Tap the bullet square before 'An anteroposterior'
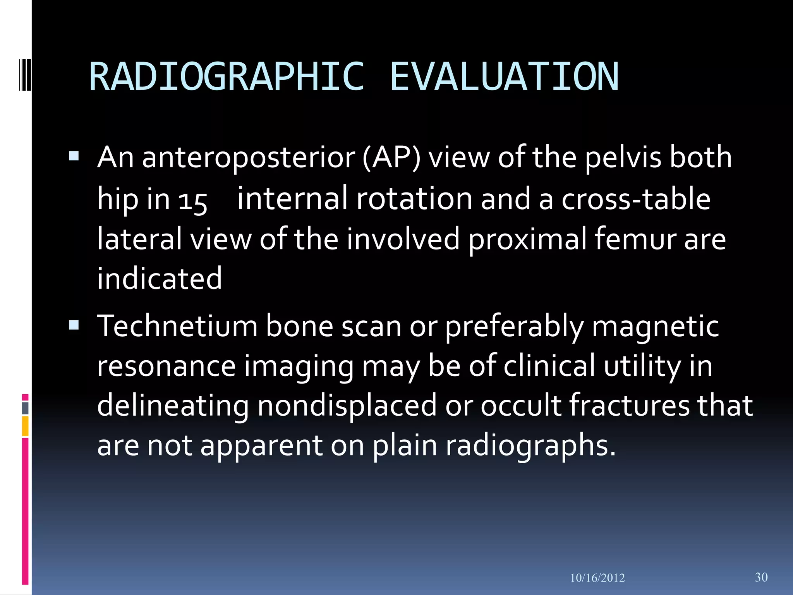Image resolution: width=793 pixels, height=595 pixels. tap(74, 156)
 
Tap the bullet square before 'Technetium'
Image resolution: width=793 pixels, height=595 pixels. tap(74, 325)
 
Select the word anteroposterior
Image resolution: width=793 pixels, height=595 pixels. tap(249, 158)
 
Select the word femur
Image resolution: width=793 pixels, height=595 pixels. tap(635, 239)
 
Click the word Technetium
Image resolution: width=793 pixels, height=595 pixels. tap(177, 326)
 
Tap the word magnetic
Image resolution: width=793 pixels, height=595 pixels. tap(655, 326)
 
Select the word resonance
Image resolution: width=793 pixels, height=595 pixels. tap(166, 366)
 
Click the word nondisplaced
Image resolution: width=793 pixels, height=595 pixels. tap(347, 406)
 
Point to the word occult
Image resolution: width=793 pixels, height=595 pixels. tap(520, 406)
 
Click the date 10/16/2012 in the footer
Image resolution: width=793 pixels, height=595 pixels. tap(597, 578)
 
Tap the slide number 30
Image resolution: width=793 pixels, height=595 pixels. tap(761, 577)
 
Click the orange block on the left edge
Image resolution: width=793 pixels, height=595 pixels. tap(25, 426)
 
